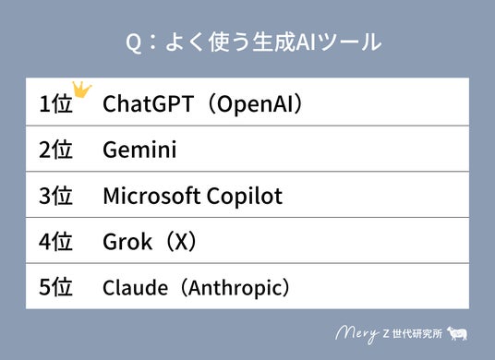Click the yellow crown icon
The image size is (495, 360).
click(81, 90)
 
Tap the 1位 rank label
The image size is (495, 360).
click(55, 103)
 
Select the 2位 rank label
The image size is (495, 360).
click(55, 150)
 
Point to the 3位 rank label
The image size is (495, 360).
click(55, 196)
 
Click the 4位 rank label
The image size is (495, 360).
click(55, 242)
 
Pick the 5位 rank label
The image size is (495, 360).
click(55, 287)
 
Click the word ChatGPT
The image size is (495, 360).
click(148, 103)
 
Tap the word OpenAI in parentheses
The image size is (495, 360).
click(256, 104)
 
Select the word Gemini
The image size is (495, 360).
click(139, 150)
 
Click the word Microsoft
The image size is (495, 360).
click(151, 196)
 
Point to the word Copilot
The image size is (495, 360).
click(245, 197)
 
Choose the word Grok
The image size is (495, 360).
click(127, 242)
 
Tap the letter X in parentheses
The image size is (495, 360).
click(181, 242)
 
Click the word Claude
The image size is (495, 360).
click(135, 287)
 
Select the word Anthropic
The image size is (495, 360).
click(235, 288)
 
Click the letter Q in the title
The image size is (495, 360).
click(133, 43)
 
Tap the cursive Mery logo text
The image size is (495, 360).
click(357, 334)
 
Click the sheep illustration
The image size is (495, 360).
click(457, 333)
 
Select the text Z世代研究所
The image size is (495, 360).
click(412, 333)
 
